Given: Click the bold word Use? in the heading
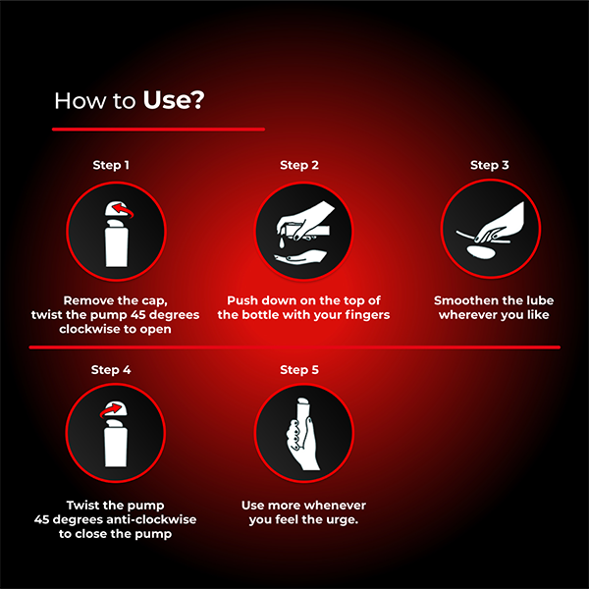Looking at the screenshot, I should (174, 100).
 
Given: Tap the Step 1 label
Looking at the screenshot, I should (110, 165).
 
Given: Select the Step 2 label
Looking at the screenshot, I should (299, 165).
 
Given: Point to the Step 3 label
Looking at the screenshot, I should (489, 165).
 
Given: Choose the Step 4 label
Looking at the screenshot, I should (110, 370).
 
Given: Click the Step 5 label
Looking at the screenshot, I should (299, 370).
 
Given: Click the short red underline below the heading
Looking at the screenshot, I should (158, 129).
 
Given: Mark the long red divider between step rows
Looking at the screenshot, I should (294, 347).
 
